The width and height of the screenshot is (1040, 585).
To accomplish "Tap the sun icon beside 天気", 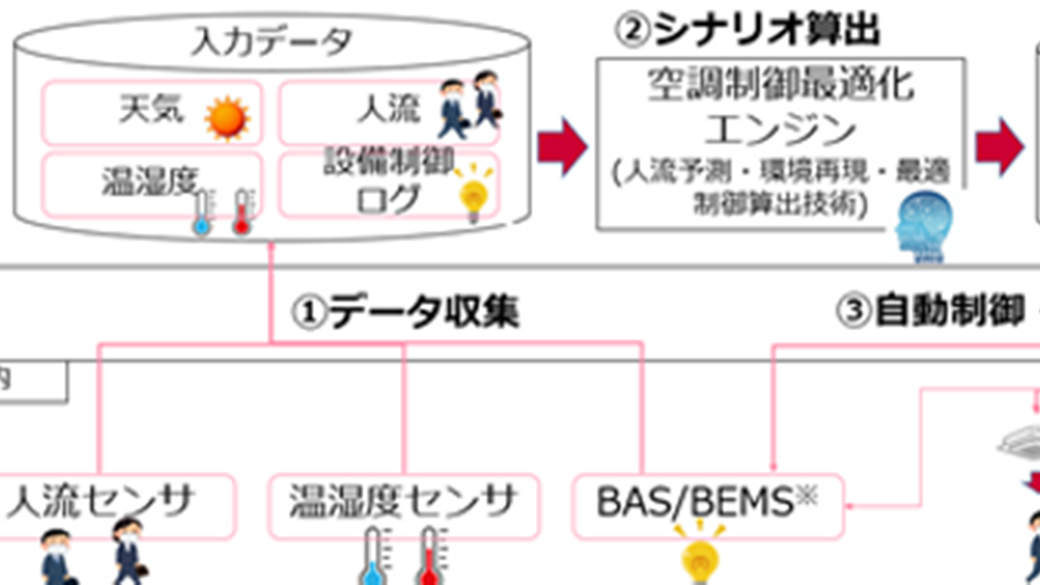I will click(226, 118).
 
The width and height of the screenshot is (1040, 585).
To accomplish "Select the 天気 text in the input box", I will click(152, 111).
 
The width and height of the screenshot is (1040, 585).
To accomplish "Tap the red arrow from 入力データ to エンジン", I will click(562, 143).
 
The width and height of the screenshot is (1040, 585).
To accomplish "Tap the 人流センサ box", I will click(113, 505).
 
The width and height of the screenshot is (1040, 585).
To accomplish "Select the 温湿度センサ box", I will click(403, 505).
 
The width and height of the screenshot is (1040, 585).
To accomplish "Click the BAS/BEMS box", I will click(707, 505).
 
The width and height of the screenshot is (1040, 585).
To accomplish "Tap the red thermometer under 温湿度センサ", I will click(427, 559).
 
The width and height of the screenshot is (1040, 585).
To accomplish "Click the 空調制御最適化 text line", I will click(780, 88).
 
